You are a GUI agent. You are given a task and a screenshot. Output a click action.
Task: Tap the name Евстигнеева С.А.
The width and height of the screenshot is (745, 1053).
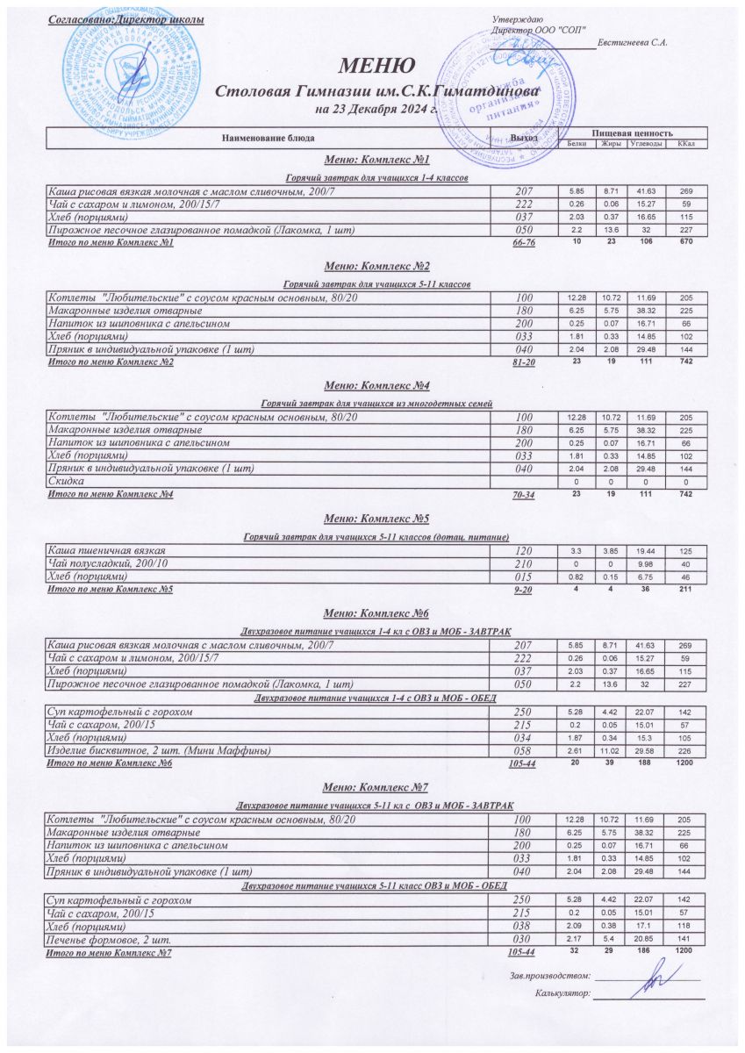pyautogui.click(x=633, y=43)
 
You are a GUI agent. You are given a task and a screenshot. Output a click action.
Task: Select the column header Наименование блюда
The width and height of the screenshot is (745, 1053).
pyautogui.click(x=268, y=138)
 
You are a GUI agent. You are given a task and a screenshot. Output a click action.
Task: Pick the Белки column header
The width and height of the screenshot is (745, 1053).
pyautogui.click(x=577, y=143)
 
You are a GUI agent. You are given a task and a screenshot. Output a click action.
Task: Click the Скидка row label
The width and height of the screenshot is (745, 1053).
pyautogui.click(x=65, y=482)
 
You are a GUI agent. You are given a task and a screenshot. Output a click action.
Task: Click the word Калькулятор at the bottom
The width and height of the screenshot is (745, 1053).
pyautogui.click(x=562, y=993)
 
